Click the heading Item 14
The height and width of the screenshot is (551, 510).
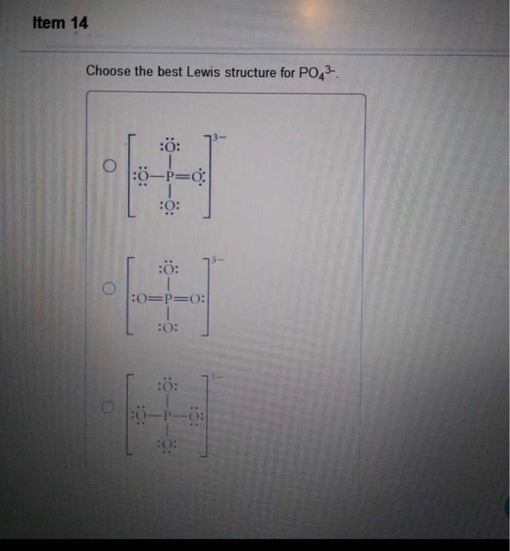point(61,23)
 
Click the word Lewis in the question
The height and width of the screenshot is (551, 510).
point(204,72)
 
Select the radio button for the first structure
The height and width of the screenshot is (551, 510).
point(112,166)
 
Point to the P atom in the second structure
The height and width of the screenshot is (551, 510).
point(169,300)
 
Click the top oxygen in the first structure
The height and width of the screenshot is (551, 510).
point(170,146)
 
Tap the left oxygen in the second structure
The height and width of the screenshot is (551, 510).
point(141,300)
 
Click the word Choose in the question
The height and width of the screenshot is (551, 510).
point(108,72)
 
